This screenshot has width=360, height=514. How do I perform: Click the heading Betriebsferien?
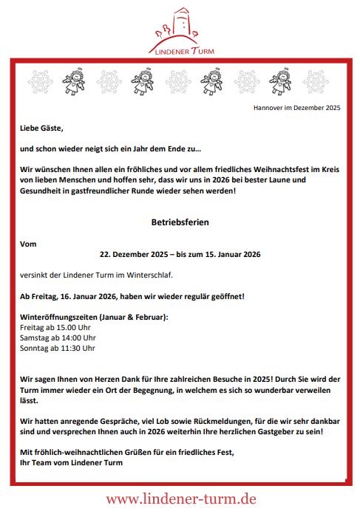tap(180, 222)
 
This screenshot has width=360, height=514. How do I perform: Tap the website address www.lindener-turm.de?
tap(180, 499)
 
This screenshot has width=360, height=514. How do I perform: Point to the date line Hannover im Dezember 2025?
tap(296, 108)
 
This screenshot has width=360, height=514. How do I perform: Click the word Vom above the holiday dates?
tap(28, 242)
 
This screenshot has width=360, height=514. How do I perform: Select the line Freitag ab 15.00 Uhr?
tap(55, 327)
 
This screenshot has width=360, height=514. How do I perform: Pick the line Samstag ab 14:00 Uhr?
tap(58, 337)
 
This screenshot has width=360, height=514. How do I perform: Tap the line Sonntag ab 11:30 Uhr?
tap(58, 348)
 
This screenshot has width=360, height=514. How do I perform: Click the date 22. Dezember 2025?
tap(141, 254)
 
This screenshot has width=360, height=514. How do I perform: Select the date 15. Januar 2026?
tap(229, 254)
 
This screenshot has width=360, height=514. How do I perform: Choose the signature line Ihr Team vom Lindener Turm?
tap(72, 462)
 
